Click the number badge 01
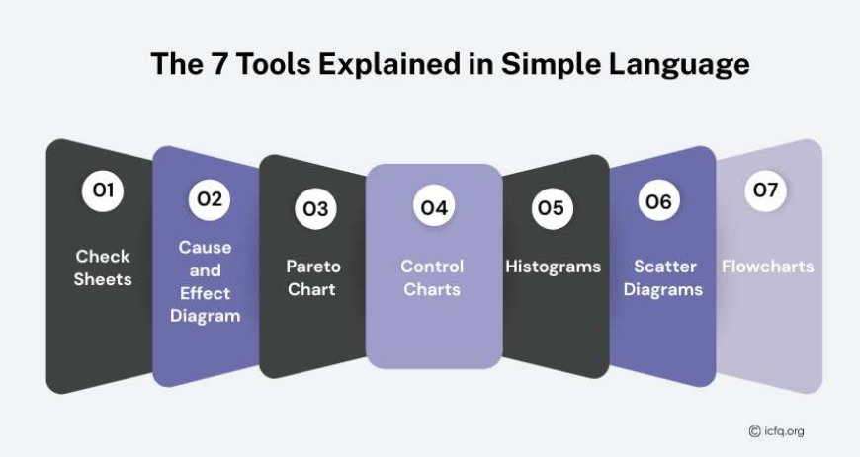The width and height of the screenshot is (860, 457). [103, 190]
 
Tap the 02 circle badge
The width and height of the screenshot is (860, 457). [210, 199]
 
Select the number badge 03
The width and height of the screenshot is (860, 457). [315, 208]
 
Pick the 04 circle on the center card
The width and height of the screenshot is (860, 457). [434, 207]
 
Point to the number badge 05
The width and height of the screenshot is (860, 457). [552, 208]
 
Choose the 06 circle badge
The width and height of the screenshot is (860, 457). [658, 200]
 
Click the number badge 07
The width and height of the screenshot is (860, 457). [766, 190]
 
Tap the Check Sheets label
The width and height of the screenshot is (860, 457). [103, 267]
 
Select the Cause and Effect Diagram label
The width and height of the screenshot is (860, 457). [206, 281]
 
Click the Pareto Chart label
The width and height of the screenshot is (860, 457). [313, 277]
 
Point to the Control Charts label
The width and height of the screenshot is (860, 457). [432, 277]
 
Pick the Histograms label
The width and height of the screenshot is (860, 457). [553, 267]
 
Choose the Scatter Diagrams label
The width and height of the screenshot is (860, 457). [663, 277]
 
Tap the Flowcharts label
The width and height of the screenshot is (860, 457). [767, 267]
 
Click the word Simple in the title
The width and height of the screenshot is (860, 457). [549, 64]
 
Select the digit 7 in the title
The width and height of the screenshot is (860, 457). [219, 63]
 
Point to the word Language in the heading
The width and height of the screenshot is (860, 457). [678, 65]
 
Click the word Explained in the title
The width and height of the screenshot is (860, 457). [389, 65]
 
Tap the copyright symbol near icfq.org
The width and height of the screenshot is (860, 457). [754, 431]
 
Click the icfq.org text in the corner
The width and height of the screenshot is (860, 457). [784, 431]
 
